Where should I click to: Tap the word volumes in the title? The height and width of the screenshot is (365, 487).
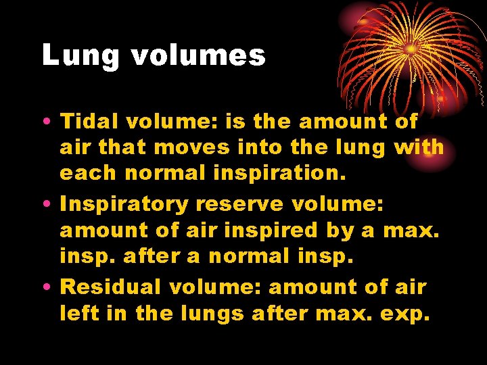(x=198, y=55)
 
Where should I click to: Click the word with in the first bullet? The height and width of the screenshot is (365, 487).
(x=418, y=147)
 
